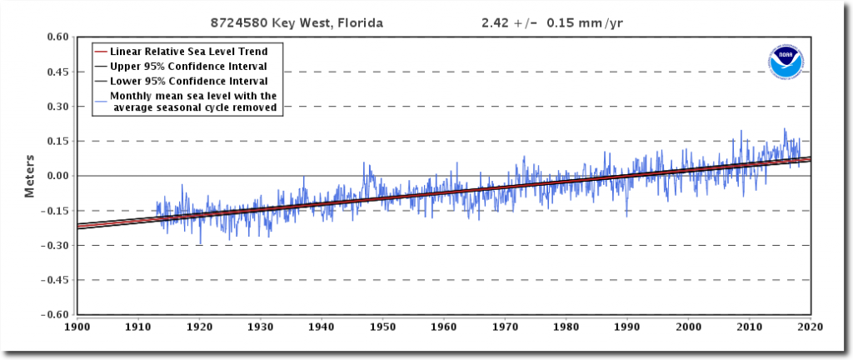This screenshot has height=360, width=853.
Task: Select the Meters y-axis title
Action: pyautogui.click(x=29, y=176)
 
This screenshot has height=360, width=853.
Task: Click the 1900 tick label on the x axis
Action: pyautogui.click(x=77, y=326)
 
